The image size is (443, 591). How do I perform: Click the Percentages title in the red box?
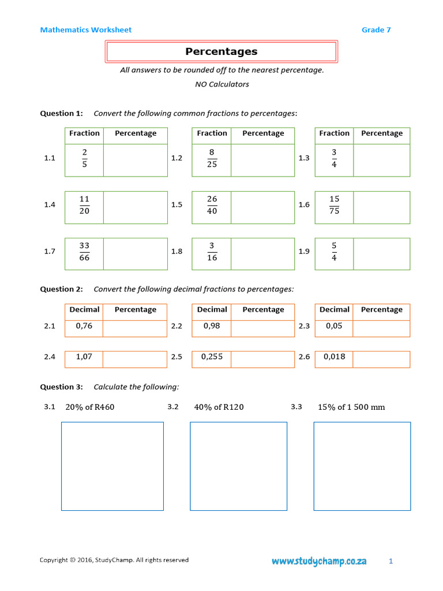tap(221, 51)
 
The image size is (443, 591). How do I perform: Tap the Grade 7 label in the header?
tap(376, 30)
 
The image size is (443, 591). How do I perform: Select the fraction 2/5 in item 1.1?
tap(84, 158)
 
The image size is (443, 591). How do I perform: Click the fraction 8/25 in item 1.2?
tap(212, 158)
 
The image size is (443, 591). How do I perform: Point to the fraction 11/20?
tap(84, 205)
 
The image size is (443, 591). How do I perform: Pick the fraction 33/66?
tap(84, 252)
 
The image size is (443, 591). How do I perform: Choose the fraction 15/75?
tap(334, 205)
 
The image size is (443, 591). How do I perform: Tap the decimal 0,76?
tap(84, 326)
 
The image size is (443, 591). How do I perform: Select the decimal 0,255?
tap(212, 357)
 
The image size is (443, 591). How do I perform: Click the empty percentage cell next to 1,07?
tap(135, 359)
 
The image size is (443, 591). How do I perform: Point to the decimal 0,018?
tap(334, 357)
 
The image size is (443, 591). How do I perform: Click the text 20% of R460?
tap(90, 407)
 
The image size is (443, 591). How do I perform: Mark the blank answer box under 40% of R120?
tap(238, 466)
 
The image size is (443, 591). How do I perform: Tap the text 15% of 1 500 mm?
tap(351, 407)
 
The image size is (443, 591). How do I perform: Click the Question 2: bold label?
tap(61, 289)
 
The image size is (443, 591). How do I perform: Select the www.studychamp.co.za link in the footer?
tap(319, 561)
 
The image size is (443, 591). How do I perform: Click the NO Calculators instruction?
tap(222, 84)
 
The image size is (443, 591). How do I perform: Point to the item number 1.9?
tap(304, 252)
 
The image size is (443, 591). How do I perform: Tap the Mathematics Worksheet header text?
tap(86, 30)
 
